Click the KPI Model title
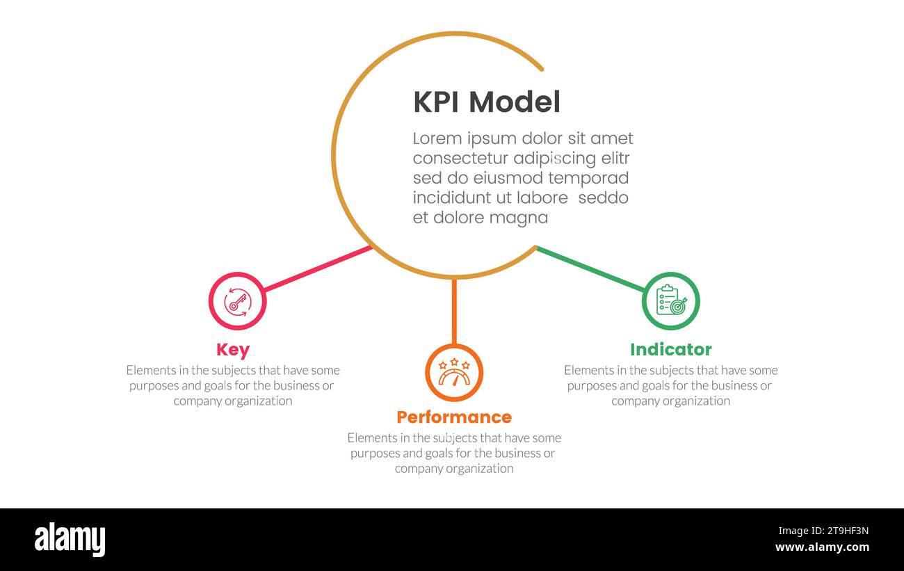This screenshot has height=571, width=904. coord(486,102)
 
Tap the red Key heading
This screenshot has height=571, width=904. coord(232,350)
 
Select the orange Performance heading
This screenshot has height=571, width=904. coord(453,417)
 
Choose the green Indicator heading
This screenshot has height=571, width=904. coord(670,350)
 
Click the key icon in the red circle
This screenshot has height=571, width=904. coord(237,301)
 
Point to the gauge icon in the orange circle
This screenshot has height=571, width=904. coord(454,373)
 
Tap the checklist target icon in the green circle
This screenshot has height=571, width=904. coord(670,300)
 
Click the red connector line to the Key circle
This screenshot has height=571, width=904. coord(317,268)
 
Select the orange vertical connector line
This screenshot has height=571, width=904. coord(454,311)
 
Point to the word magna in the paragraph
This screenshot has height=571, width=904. coord(518,218)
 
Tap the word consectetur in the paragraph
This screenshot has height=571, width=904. coord(460,159)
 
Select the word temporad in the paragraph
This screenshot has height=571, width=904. coord(588,178)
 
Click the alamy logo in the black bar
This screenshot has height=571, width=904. coord(70,540)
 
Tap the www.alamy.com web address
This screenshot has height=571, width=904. coord(822,547)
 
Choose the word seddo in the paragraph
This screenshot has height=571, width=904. coord(603,198)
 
